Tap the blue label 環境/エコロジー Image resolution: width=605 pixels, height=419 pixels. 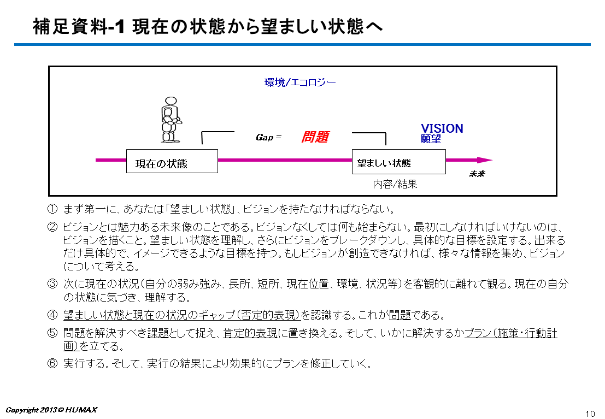(x=300, y=82)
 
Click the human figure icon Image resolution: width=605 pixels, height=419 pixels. (x=170, y=120)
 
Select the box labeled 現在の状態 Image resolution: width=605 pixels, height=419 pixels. (x=172, y=161)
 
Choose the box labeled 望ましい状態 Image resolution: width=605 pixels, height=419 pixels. (x=398, y=162)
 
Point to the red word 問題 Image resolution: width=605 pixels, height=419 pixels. (x=315, y=137)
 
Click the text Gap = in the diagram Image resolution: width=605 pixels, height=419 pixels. (x=268, y=137)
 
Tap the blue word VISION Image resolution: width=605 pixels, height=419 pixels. (x=442, y=128)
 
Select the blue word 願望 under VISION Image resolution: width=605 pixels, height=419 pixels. (x=431, y=139)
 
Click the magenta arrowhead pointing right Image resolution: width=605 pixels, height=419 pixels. (x=485, y=160)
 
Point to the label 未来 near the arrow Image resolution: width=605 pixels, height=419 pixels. (x=477, y=174)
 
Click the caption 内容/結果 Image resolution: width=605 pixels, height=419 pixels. (x=395, y=184)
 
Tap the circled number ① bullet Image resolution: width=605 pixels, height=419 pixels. (x=52, y=209)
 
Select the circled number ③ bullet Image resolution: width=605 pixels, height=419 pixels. (x=52, y=284)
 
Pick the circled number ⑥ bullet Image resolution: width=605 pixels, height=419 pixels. (x=52, y=363)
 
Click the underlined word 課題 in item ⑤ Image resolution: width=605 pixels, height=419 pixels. (x=158, y=333)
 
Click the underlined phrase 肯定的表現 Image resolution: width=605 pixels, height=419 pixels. (x=250, y=333)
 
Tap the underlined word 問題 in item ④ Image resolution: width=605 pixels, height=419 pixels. (x=400, y=315)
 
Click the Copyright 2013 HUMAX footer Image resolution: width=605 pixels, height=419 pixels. (x=51, y=410)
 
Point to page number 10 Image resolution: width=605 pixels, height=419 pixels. (x=590, y=414)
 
